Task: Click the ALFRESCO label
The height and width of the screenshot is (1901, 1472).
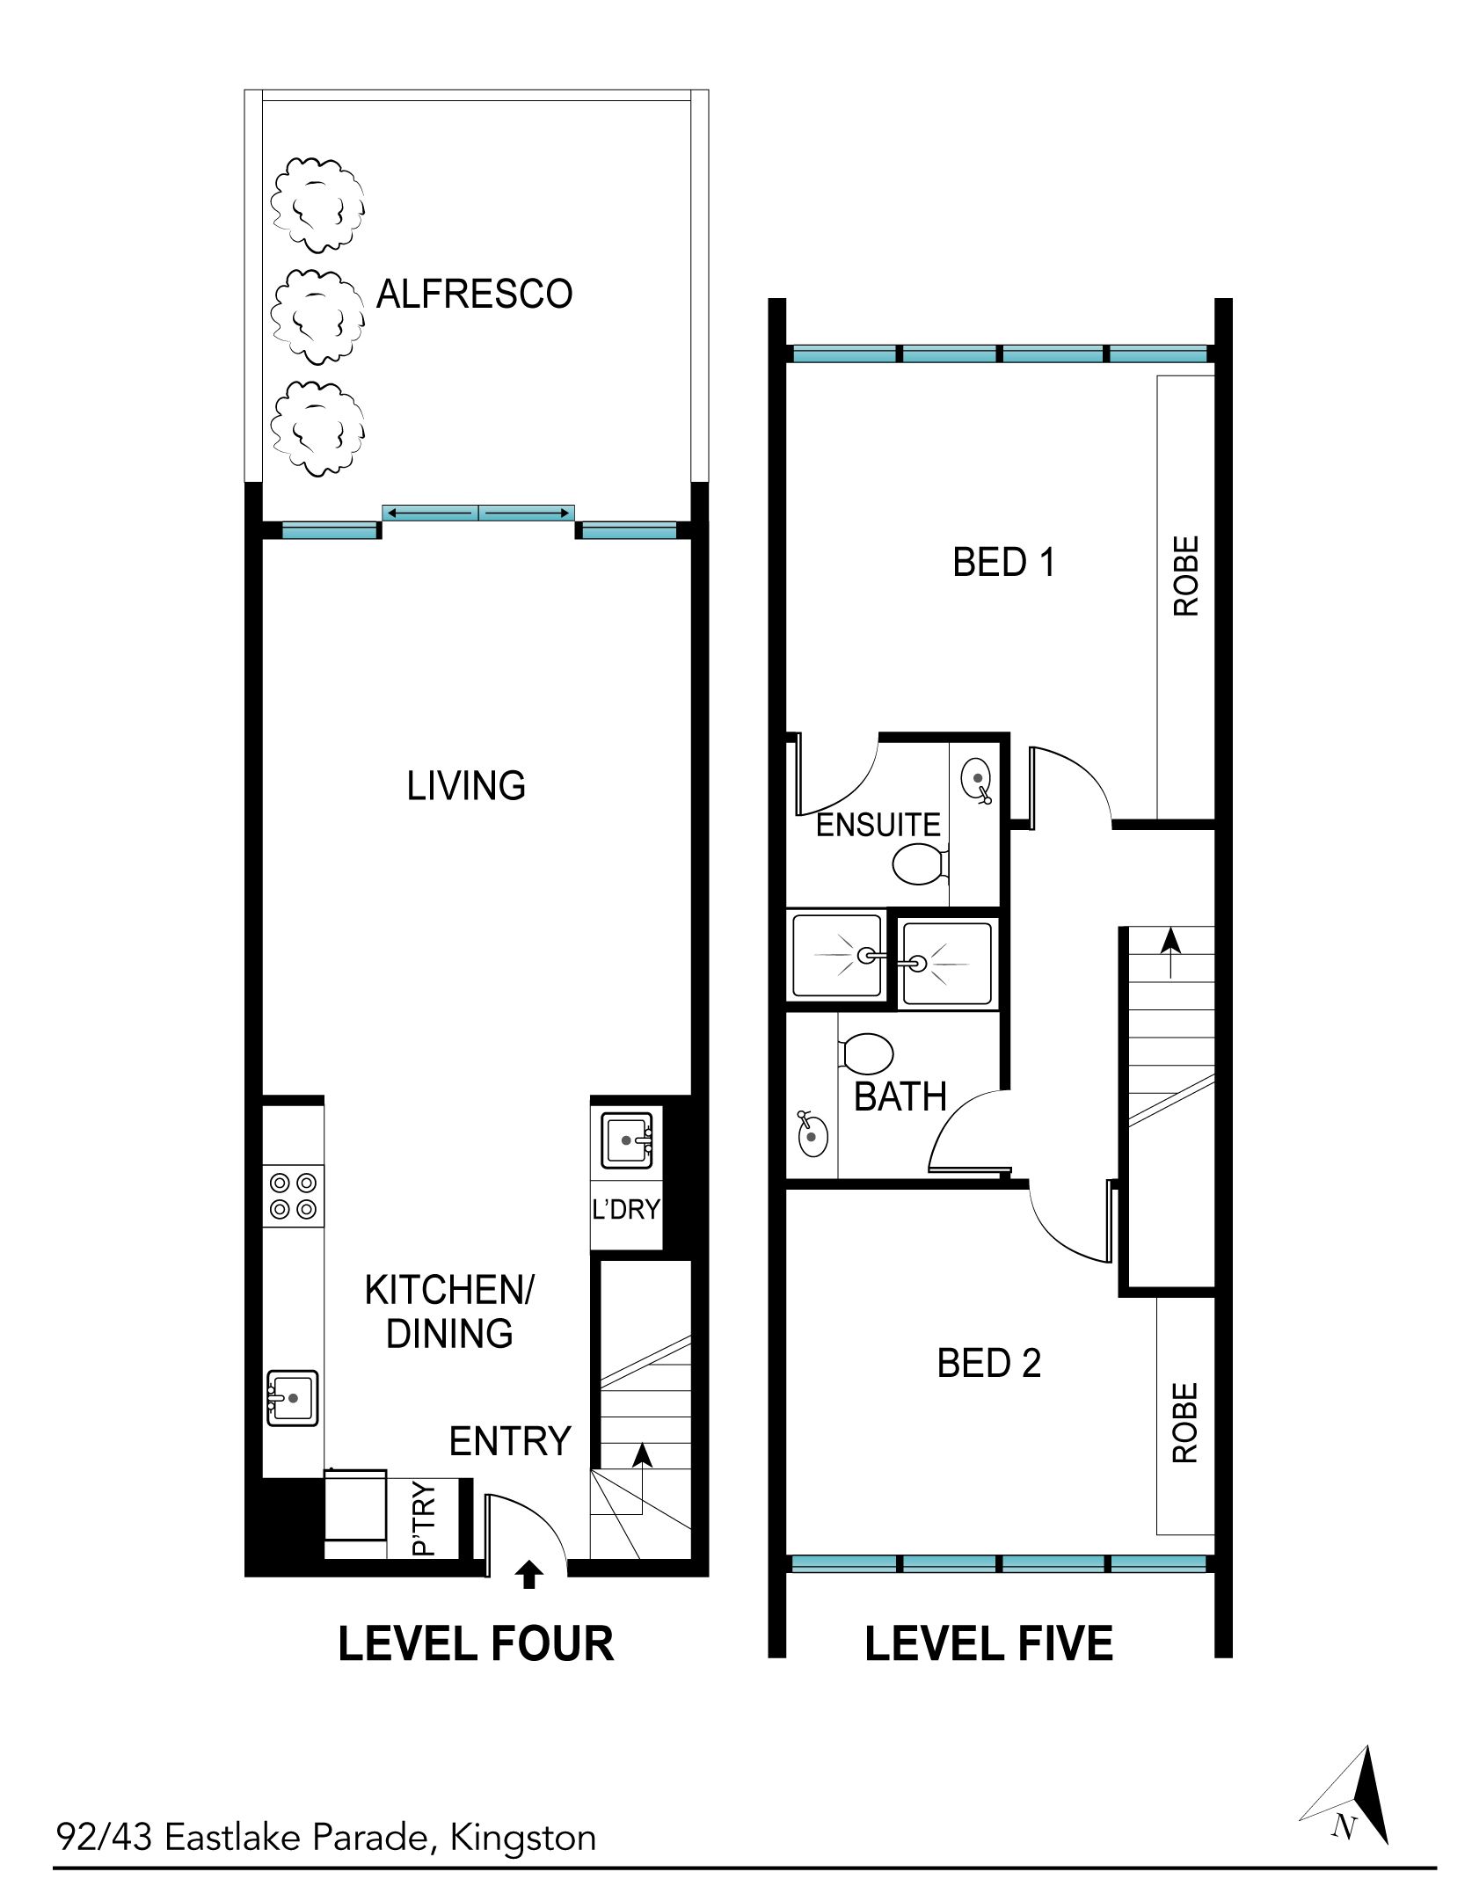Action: [474, 294]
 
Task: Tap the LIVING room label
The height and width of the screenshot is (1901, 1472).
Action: [466, 785]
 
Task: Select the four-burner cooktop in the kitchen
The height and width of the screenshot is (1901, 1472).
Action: [294, 1196]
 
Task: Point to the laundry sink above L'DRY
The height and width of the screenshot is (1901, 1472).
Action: [627, 1140]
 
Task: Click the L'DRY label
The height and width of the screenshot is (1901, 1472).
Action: [626, 1210]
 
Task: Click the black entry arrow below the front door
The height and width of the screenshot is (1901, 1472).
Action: [528, 1574]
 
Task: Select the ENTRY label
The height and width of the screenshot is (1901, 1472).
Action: [510, 1441]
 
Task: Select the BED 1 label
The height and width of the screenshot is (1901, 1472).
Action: [1003, 562]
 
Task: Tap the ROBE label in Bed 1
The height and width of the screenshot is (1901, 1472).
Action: [1185, 576]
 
